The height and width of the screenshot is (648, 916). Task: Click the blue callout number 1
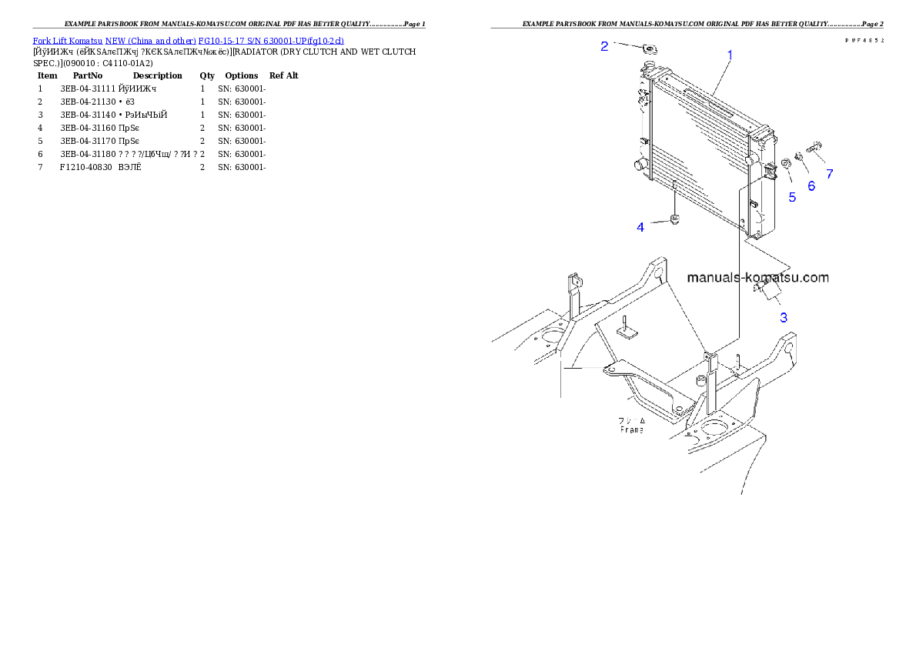730,55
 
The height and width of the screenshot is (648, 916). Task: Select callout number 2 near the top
604,46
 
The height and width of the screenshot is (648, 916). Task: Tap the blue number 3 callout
784,317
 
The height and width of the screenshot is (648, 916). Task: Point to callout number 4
640,227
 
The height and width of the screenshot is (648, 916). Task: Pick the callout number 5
792,197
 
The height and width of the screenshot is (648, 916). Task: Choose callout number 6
811,185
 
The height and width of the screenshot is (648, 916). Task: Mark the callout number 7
830,174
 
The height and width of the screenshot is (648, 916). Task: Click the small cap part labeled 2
647,51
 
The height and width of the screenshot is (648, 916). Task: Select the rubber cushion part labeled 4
675,221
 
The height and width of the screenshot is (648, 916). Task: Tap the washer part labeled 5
786,164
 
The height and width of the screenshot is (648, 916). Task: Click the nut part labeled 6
799,159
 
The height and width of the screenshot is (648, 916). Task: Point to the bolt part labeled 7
815,145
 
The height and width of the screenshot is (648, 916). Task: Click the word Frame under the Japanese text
632,429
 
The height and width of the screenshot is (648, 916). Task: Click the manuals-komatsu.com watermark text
757,277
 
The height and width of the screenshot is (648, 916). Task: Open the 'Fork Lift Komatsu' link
67,40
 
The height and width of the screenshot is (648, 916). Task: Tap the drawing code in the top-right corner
864,39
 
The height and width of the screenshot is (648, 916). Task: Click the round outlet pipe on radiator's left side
638,165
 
